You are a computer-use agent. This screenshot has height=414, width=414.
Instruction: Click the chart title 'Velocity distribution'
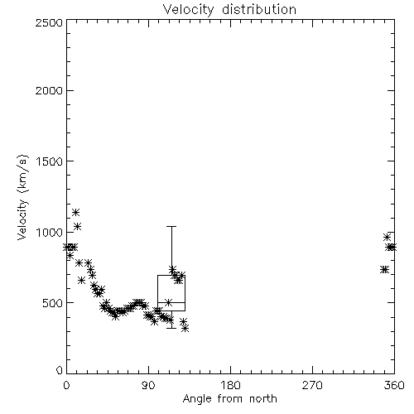pyautogui.click(x=229, y=10)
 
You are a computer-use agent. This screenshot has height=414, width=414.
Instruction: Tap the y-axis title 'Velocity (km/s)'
pyautogui.click(x=22, y=197)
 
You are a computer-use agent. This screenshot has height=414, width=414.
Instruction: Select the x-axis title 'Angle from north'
pyautogui.click(x=229, y=399)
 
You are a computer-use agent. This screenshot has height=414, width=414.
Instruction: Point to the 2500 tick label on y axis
pyautogui.click(x=49, y=22)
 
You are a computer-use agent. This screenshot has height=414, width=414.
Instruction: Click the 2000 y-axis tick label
pyautogui.click(x=49, y=90)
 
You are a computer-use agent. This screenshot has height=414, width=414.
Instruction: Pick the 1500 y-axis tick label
pyautogui.click(x=49, y=161)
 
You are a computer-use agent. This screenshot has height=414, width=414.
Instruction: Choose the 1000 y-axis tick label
pyautogui.click(x=49, y=232)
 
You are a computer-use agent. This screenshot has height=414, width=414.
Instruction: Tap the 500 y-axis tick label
pyautogui.click(x=52, y=303)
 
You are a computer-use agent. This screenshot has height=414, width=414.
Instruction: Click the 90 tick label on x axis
pyautogui.click(x=148, y=385)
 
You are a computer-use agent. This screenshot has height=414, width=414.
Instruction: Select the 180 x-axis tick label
pyautogui.click(x=230, y=385)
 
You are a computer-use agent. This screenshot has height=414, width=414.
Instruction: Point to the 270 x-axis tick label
pyautogui.click(x=312, y=385)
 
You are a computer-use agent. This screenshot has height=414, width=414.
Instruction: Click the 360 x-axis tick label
pyautogui.click(x=394, y=385)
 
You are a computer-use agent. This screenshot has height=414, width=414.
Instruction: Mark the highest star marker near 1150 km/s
pyautogui.click(x=75, y=212)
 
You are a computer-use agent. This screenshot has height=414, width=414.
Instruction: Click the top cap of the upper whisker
pyautogui.click(x=171, y=226)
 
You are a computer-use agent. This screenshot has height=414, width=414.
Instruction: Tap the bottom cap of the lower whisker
pyautogui.click(x=171, y=328)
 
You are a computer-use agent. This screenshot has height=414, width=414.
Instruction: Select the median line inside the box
pyautogui.click(x=171, y=303)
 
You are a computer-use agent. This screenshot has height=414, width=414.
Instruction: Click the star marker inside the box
pyautogui.click(x=168, y=302)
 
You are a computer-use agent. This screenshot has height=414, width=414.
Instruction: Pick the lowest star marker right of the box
pyautogui.click(x=185, y=329)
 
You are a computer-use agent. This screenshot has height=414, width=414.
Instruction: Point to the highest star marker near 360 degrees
pyautogui.click(x=387, y=237)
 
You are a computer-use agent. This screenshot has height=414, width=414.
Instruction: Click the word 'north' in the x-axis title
pyautogui.click(x=263, y=399)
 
